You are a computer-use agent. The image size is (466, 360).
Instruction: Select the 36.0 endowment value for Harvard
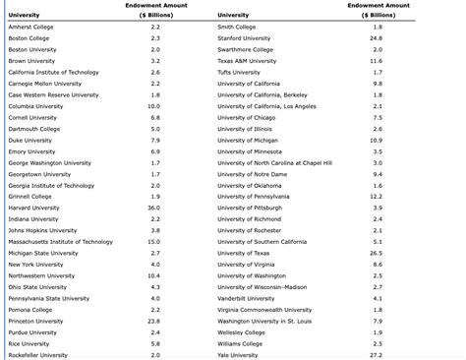pos(153,208)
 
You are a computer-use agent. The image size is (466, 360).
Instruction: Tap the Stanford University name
pos(244,38)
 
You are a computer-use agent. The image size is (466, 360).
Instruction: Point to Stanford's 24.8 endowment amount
pos(377,38)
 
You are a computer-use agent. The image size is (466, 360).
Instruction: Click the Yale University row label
pos(237,354)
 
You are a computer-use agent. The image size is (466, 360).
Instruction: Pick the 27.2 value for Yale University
pos(377,354)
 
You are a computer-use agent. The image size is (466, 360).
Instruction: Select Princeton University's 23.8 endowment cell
pos(153,321)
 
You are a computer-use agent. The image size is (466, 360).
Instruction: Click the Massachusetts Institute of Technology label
pos(60,241)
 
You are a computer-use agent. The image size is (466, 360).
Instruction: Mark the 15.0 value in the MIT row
pos(153,241)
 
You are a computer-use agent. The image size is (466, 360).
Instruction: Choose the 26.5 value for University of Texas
pos(377,253)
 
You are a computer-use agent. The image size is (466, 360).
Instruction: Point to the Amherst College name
pos(30,28)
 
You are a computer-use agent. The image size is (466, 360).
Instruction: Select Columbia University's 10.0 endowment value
pos(153,106)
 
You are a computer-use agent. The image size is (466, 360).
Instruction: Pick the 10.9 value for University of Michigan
pos(377,140)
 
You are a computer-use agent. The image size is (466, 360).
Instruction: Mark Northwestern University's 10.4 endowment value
pos(153,275)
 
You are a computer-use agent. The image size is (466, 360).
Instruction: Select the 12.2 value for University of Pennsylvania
pos(377,197)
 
